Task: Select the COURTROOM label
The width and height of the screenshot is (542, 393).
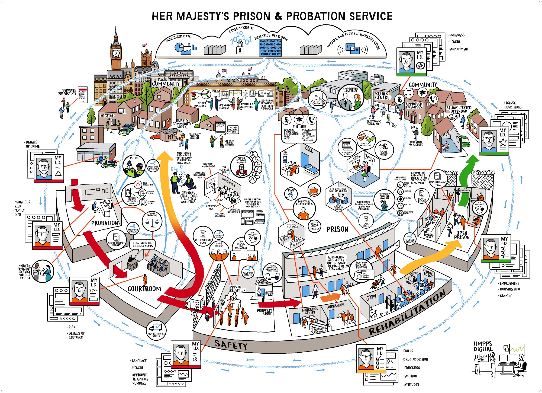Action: click(x=144, y=289)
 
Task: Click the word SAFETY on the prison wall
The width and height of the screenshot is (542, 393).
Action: click(x=231, y=345)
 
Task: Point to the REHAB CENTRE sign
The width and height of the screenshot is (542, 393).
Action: click(x=382, y=96)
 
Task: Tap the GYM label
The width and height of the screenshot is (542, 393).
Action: click(x=371, y=298)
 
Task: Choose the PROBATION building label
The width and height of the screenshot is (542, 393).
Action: click(x=105, y=223)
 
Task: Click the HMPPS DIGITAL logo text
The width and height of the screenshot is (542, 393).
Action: click(x=483, y=346)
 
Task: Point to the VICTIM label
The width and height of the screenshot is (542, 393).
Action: click(x=107, y=116)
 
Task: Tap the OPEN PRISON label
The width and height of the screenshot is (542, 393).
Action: click(x=462, y=235)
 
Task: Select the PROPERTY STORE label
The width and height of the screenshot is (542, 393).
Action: click(x=264, y=312)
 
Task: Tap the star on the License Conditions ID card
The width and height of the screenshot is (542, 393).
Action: click(x=503, y=142)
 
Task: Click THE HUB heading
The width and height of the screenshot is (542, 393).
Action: click(x=299, y=127)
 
